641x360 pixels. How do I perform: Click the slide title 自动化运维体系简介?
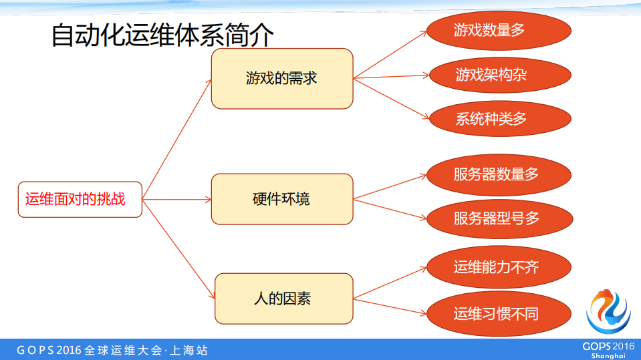[x=162, y=35]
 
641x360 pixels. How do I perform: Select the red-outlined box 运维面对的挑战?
[x=80, y=199]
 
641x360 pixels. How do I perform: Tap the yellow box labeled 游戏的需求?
[x=281, y=78]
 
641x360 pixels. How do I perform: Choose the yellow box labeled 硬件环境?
[x=281, y=199]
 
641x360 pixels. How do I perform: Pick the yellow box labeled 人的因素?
[x=283, y=299]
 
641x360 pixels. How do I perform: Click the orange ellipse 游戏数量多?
[x=499, y=30]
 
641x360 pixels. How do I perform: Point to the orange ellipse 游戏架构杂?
[x=499, y=74]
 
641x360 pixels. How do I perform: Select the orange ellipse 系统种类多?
[x=499, y=119]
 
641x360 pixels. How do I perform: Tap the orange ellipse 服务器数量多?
[x=499, y=175]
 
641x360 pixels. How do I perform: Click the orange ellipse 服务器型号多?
[x=499, y=218]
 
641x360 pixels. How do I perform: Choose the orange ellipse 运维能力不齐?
[x=499, y=268]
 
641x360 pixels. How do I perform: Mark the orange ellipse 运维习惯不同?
[x=499, y=314]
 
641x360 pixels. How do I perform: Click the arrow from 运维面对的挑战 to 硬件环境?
[x=177, y=199]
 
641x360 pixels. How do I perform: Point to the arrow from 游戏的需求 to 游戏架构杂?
[x=391, y=76]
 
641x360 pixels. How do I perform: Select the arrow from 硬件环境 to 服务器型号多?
[x=390, y=208]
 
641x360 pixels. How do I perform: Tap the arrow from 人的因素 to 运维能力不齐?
[x=390, y=283]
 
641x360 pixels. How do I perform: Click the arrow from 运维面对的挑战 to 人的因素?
[x=179, y=248]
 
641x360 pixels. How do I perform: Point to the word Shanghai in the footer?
[x=608, y=356]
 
